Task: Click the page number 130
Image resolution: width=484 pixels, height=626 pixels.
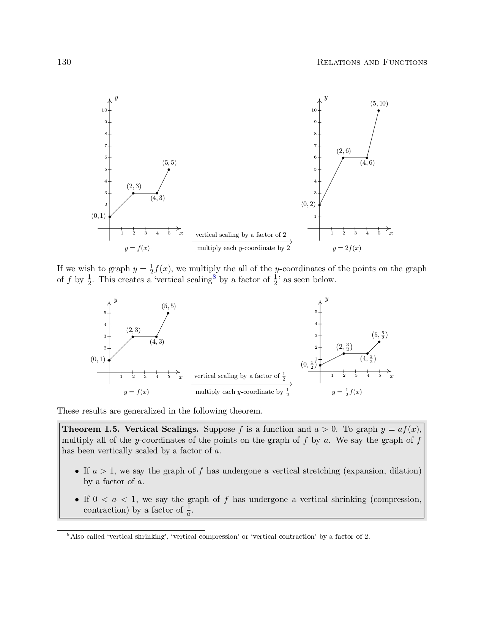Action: click(x=64, y=62)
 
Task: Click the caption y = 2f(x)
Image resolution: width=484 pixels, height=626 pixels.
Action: click(x=347, y=248)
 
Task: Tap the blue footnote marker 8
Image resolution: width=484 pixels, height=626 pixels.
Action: click(x=214, y=277)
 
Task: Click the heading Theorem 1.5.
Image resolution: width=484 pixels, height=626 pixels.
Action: click(x=91, y=429)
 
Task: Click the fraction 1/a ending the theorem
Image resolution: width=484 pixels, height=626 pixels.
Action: click(x=188, y=510)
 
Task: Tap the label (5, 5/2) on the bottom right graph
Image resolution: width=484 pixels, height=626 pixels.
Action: click(x=380, y=335)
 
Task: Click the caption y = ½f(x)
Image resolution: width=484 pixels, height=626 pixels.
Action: click(x=347, y=392)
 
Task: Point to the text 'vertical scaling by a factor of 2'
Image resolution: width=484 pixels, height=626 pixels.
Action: click(x=241, y=235)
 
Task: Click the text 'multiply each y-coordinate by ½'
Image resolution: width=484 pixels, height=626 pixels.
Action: click(x=242, y=392)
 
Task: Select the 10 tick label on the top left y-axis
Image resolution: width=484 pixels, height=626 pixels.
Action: click(x=104, y=110)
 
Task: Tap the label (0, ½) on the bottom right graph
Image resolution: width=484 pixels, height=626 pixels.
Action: click(x=309, y=365)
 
